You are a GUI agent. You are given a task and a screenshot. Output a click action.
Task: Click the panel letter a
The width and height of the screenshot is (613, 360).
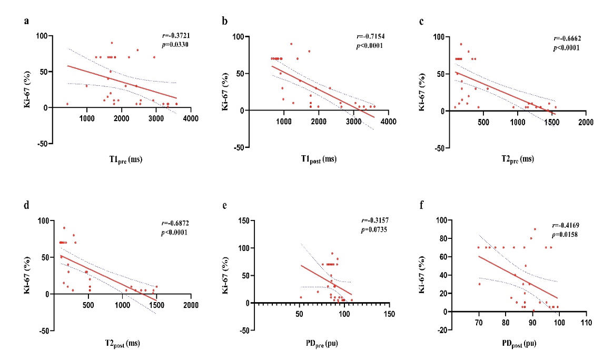pos(26,22)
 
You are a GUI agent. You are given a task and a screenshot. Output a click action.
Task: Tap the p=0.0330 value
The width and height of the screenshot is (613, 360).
pos(176,45)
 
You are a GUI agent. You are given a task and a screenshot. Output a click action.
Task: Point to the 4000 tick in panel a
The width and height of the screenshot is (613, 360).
pos(191,118)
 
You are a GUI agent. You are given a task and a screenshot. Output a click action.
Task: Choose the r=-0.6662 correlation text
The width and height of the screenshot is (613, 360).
pos(567,38)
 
